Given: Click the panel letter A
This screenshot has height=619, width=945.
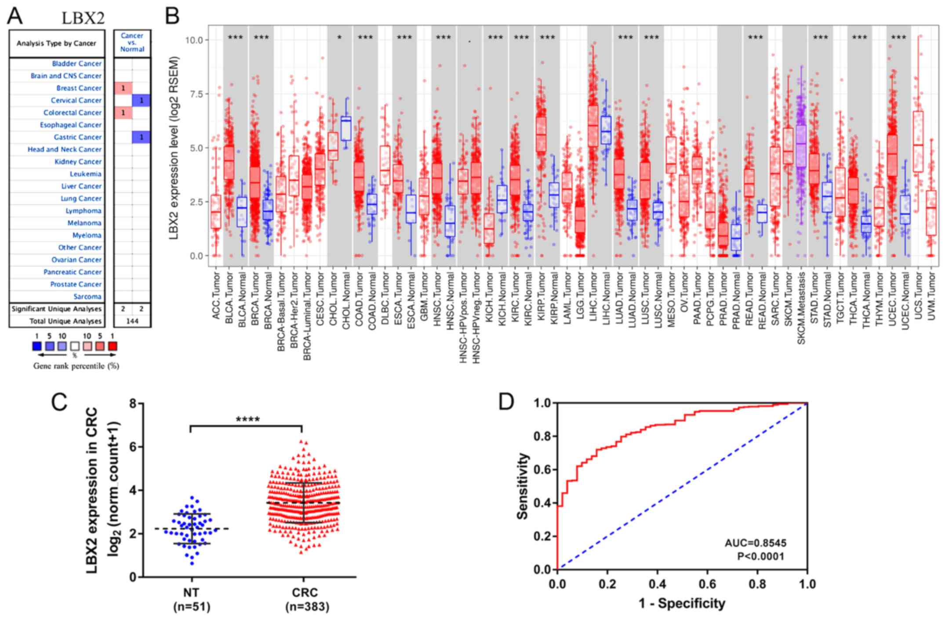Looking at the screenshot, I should [15, 17].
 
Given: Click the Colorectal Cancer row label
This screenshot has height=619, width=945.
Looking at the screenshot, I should [72, 113].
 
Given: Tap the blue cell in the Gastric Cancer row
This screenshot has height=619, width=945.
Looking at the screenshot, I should [141, 138].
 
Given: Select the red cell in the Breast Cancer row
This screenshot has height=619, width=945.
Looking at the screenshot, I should [124, 88].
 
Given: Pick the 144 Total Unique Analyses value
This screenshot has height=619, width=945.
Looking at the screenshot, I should [132, 321].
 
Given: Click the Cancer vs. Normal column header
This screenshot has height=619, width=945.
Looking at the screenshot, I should [132, 43].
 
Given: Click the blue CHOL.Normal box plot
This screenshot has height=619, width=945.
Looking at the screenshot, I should [346, 128].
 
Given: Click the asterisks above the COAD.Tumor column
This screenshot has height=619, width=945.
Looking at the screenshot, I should [365, 37].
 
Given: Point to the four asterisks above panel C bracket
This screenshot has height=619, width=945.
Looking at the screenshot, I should [247, 419].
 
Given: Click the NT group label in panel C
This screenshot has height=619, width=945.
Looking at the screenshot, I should [191, 593].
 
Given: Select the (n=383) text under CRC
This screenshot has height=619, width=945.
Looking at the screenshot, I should [307, 607].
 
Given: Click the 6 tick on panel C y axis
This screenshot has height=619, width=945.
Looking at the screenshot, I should [133, 447].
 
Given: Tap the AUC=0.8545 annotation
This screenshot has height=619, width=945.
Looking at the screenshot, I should [755, 543].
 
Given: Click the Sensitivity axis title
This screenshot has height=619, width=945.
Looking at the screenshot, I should [522, 486].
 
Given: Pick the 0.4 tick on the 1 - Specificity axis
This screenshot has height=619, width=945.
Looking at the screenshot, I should [657, 584].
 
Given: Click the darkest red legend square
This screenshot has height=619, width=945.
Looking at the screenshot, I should [113, 346].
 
